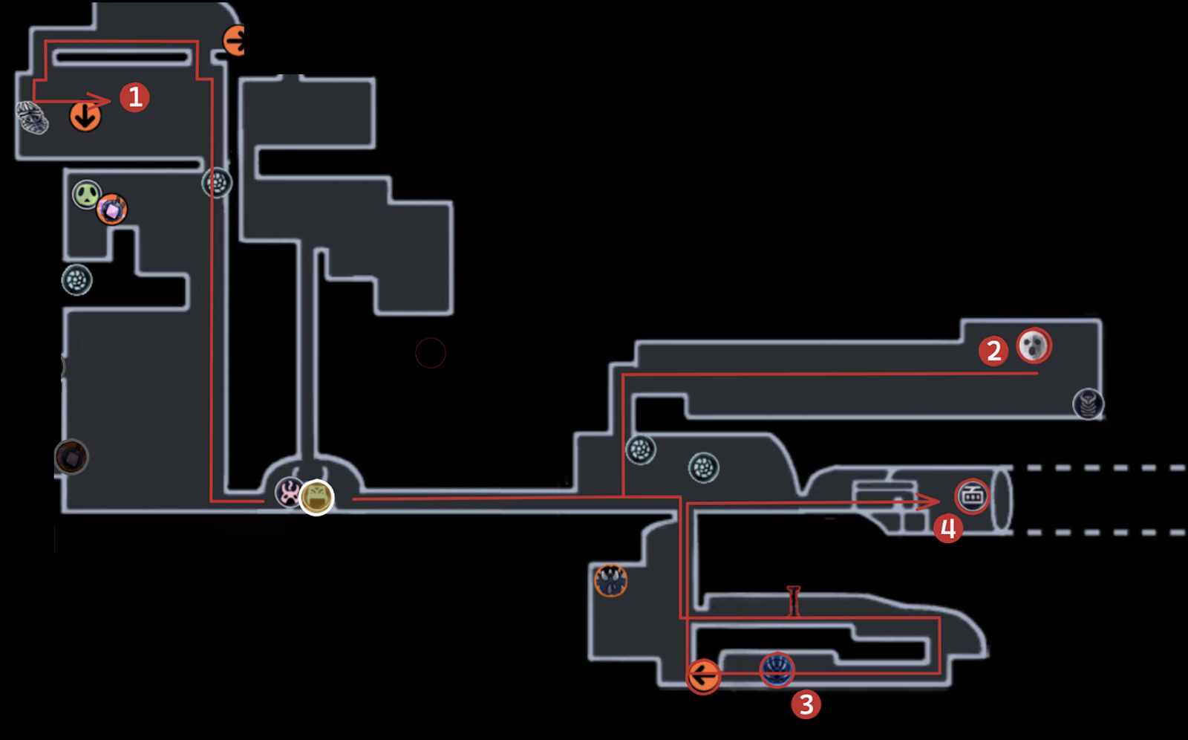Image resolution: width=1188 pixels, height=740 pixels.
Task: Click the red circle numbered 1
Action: click(134, 97)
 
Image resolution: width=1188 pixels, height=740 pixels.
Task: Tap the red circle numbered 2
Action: click(993, 351)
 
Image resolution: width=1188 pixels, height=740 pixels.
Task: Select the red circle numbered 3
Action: click(806, 704)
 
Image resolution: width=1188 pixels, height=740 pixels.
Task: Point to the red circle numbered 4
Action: click(948, 529)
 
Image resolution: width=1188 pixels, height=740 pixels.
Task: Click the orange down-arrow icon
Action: click(85, 117)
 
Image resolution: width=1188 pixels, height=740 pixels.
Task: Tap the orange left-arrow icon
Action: click(702, 676)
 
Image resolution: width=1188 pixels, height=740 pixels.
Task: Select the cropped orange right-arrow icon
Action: click(235, 40)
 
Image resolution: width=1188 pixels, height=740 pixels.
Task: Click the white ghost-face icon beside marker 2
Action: click(1034, 345)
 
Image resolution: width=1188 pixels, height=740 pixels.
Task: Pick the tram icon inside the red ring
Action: click(972, 496)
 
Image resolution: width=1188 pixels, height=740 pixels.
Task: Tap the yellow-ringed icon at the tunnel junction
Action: click(317, 497)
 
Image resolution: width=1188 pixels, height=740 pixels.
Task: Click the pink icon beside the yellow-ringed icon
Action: click(289, 492)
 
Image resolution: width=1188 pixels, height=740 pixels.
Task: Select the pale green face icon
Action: click(87, 195)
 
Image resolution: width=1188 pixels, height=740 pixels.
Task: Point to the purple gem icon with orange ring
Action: click(112, 210)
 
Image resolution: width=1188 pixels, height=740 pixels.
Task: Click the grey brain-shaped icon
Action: click(33, 117)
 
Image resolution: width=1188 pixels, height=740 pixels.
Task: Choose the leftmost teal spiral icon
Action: click(76, 280)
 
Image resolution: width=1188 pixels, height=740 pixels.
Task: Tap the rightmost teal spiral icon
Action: click(703, 468)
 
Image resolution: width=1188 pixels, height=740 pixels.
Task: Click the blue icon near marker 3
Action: click(777, 669)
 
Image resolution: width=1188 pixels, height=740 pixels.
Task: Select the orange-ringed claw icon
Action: click(611, 580)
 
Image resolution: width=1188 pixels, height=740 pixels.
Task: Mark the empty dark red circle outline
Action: click(431, 353)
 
